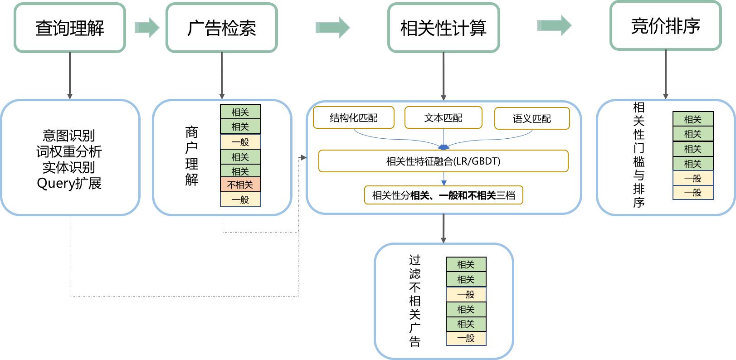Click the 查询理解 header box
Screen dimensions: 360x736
click(x=69, y=28)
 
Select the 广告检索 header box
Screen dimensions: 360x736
click(x=221, y=28)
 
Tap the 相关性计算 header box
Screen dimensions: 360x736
click(x=443, y=28)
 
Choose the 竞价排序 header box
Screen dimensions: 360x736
click(x=665, y=26)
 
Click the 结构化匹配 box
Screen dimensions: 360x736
click(x=353, y=118)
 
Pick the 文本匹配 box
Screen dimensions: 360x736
click(x=443, y=118)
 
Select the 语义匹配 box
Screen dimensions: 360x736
click(x=531, y=118)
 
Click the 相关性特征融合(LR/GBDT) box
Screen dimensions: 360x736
click(x=443, y=161)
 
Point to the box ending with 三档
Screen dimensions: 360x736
click(x=443, y=195)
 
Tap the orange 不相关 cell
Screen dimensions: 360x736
click(x=240, y=185)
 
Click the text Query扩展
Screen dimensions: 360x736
click(x=69, y=183)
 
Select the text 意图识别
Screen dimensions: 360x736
click(x=69, y=135)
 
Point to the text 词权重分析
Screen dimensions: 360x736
click(x=69, y=151)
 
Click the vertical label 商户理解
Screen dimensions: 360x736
click(x=191, y=156)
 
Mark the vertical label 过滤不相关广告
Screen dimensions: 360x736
click(x=414, y=301)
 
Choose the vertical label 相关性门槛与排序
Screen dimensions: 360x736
click(x=639, y=155)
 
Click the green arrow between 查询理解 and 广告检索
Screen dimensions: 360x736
click(x=147, y=28)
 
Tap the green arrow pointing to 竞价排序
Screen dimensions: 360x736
click(x=554, y=25)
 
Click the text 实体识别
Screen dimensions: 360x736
click(x=69, y=167)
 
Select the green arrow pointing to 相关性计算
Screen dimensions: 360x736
click(x=332, y=28)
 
